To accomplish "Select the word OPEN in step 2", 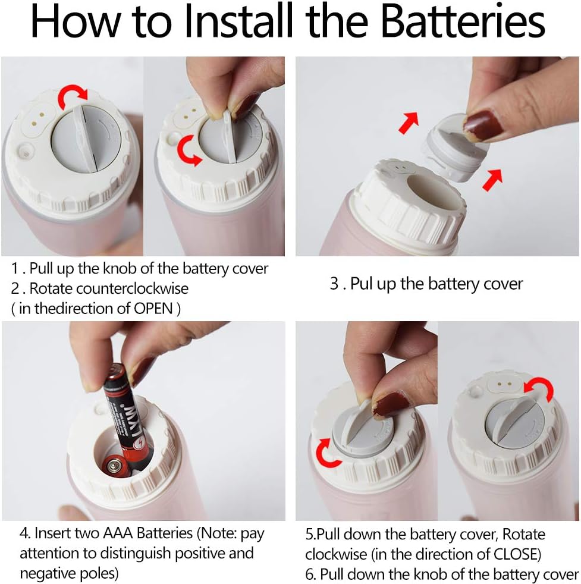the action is pos(153,309).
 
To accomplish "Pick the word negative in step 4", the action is pos(45,573).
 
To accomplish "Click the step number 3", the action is pos(334,284).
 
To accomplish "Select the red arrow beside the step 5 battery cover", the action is pos(327,453).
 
